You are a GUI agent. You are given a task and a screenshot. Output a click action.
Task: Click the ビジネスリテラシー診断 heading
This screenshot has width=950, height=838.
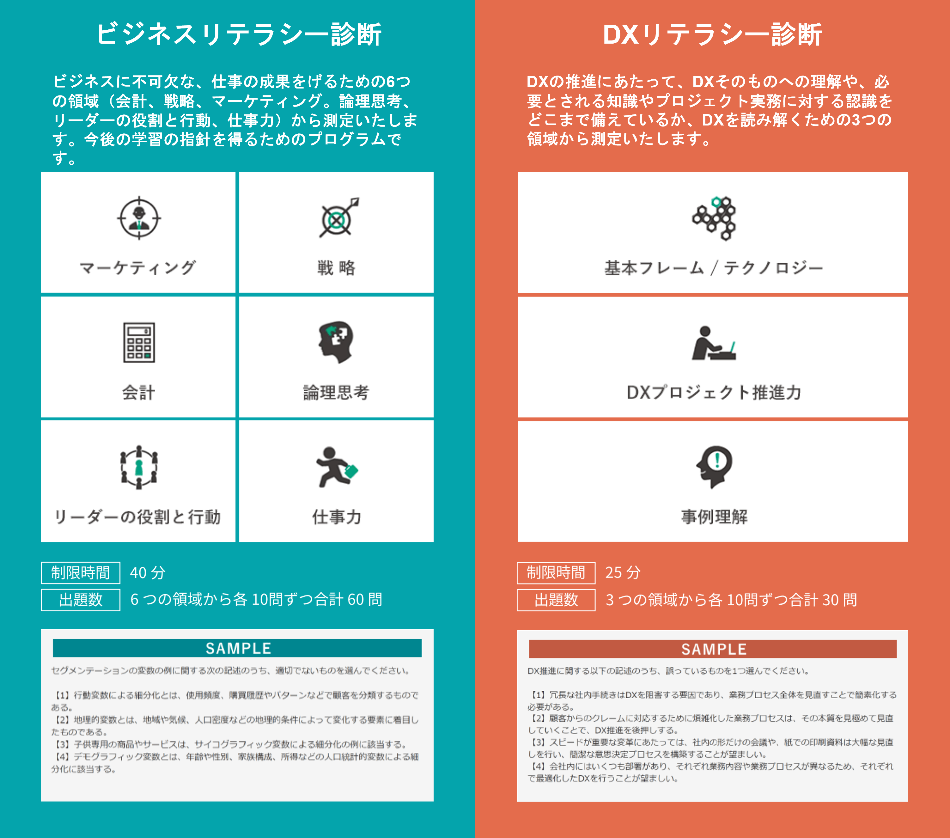238,34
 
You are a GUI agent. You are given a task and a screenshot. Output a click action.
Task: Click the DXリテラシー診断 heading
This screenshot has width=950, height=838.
712,34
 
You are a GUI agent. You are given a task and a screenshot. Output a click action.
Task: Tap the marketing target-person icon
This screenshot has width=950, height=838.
139,218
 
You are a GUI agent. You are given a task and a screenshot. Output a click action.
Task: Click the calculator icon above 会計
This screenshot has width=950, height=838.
139,343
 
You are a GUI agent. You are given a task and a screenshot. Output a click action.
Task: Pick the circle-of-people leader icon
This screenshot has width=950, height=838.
139,467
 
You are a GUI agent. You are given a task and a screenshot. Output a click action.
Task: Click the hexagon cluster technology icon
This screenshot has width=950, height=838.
714,218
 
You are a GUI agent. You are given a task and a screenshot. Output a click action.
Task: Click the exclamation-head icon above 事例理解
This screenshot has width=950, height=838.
714,466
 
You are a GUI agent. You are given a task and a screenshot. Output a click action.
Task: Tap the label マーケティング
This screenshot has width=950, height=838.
138,268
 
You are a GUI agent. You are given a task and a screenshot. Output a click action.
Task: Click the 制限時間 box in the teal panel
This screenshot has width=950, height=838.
80,572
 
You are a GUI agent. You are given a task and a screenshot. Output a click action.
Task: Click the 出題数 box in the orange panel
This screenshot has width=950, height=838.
556,600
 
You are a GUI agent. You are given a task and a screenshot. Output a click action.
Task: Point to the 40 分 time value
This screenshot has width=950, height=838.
147,572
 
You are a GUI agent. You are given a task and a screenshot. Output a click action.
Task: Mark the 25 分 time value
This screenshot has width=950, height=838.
623,572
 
